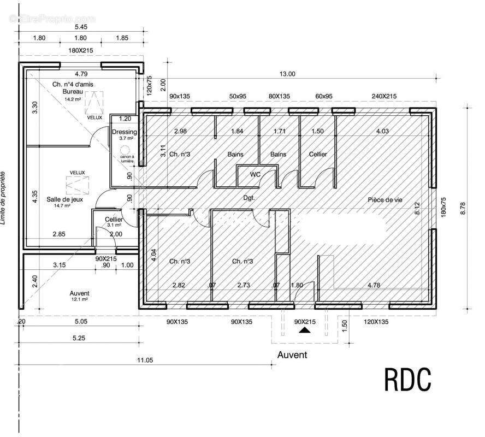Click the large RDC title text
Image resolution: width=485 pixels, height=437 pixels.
click(409, 380)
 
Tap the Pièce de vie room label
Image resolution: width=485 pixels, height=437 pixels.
click(386, 200)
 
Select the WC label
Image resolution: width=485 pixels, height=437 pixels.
click(255, 175)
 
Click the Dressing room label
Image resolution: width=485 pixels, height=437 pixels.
click(125, 132)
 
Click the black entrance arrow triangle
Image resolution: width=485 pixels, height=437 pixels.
click(305, 329)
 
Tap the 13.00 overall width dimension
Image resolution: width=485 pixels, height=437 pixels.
click(287, 74)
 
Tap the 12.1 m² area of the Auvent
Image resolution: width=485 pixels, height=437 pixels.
click(80, 300)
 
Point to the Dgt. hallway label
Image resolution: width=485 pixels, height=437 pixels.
click(249, 198)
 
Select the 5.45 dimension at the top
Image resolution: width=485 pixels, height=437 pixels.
click(80, 26)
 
